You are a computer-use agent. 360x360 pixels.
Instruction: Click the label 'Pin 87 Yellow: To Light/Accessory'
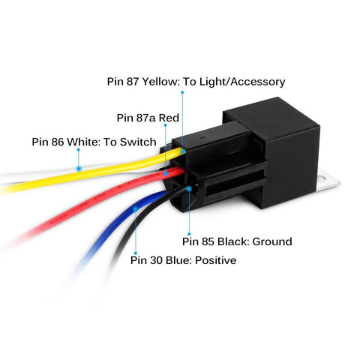[x=194, y=82]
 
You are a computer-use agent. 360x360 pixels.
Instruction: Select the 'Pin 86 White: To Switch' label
[x=94, y=142]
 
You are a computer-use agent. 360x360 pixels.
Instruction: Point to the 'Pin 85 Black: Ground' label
[x=237, y=241]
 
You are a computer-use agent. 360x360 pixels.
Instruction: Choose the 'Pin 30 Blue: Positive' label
[x=183, y=260]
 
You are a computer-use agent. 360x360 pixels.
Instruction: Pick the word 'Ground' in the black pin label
[x=271, y=241]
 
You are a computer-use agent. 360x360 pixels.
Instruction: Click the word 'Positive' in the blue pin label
[x=214, y=260]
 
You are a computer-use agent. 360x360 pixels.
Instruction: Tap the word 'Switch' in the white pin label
[x=138, y=142]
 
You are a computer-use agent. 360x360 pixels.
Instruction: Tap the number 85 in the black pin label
[x=210, y=241]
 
